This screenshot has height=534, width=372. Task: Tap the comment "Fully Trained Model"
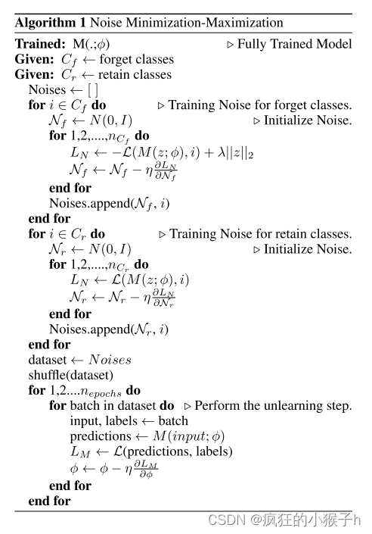tap(294, 43)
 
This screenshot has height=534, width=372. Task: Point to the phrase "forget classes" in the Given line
tap(136, 59)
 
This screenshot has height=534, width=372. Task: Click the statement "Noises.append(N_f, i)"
tap(110, 203)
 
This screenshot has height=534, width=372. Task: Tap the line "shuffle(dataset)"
tap(70, 375)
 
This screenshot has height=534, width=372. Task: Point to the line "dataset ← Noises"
tap(79, 360)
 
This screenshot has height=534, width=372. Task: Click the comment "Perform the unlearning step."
tap(273, 406)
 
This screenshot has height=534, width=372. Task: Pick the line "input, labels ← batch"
tap(129, 421)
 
